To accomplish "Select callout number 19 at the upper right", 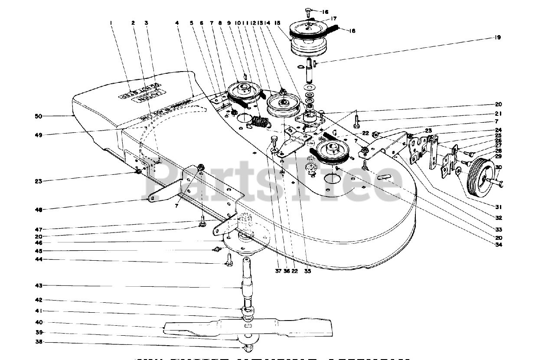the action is click(x=497, y=38).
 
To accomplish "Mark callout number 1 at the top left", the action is click(x=111, y=22).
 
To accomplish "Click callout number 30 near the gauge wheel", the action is click(x=498, y=167).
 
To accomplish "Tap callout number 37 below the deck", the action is click(x=278, y=272).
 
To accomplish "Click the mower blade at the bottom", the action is click(x=247, y=327).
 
